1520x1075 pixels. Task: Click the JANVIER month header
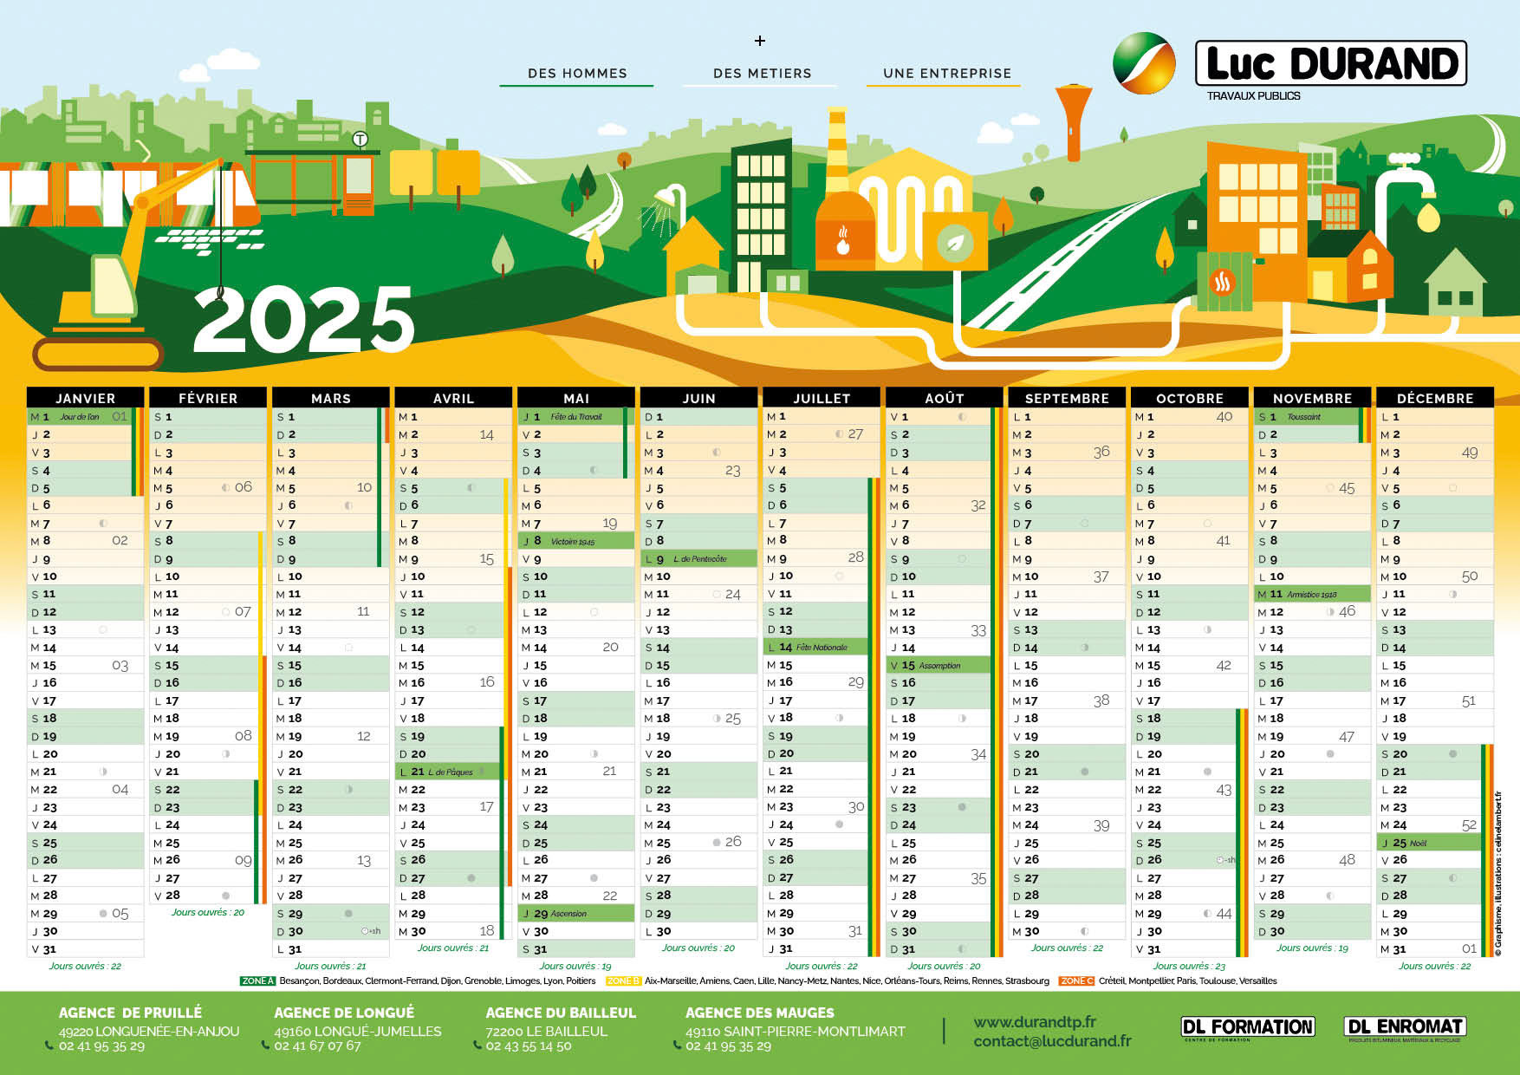coord(85,398)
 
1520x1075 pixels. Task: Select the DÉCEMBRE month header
coord(1434,398)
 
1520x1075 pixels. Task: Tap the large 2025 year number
coord(303,320)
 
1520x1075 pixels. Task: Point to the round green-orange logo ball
coord(1143,62)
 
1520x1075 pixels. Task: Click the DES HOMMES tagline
coord(577,74)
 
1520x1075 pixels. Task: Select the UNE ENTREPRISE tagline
coord(946,74)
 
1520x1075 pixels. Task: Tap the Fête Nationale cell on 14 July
coord(815,647)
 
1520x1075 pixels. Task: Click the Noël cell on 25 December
coord(1428,843)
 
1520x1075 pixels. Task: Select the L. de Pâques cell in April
coord(447,772)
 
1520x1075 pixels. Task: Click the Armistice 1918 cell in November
coord(1311,594)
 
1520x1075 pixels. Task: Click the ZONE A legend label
coord(257,981)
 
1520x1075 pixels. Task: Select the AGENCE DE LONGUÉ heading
coord(344,1013)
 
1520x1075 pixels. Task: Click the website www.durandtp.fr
coord(1034,1022)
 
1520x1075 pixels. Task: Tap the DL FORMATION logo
coord(1247,1027)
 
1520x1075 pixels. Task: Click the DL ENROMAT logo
coord(1404,1027)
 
